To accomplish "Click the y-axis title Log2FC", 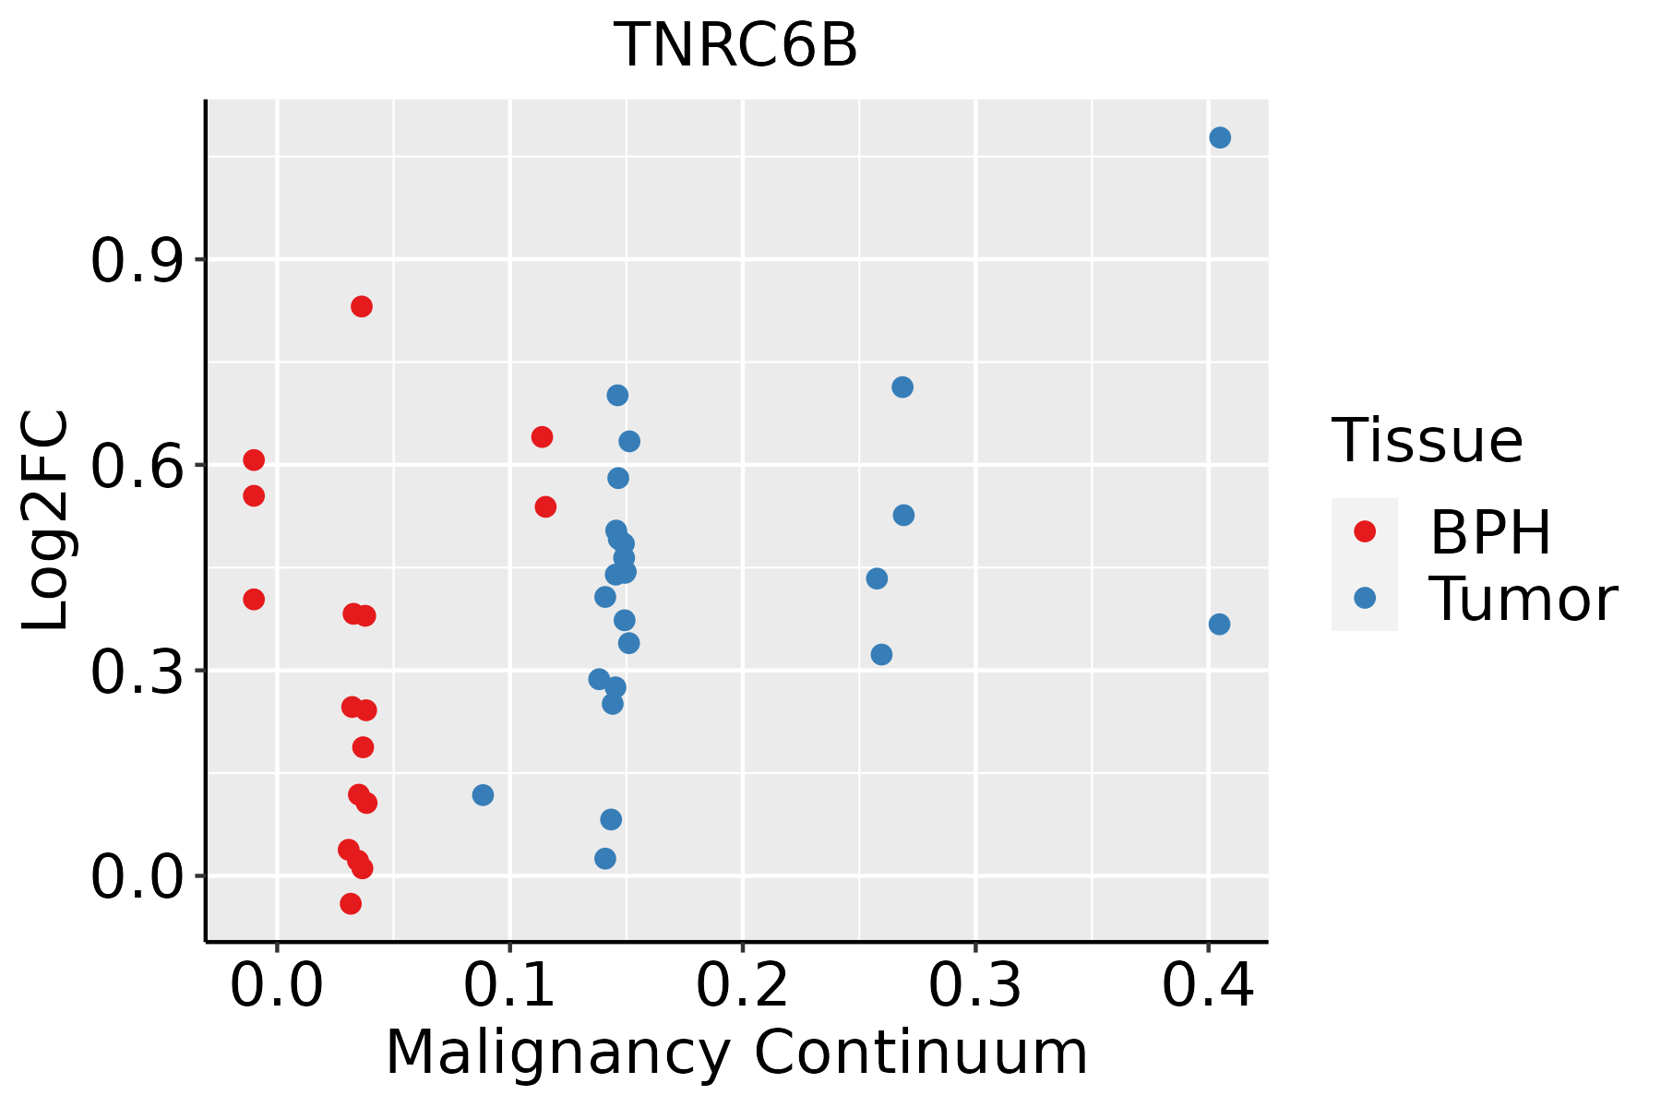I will (x=46, y=520).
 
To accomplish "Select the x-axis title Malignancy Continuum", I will (x=735, y=1053).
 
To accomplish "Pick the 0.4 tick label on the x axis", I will (x=1207, y=985).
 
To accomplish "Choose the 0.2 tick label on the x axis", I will (x=742, y=985).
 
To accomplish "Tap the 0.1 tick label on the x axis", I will (x=509, y=985).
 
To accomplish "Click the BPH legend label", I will (x=1490, y=532).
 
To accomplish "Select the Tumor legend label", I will (x=1523, y=599).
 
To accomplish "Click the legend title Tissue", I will (x=1428, y=441).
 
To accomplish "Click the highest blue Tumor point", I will (x=1220, y=137).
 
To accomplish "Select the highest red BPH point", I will (x=362, y=306).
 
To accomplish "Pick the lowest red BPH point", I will (x=351, y=903).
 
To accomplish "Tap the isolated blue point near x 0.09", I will (x=483, y=795).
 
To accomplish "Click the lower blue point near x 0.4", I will (x=1219, y=625).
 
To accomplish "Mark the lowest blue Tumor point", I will (x=605, y=859).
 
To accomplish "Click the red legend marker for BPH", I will (x=1364, y=531).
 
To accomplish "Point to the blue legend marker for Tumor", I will (x=1364, y=598).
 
